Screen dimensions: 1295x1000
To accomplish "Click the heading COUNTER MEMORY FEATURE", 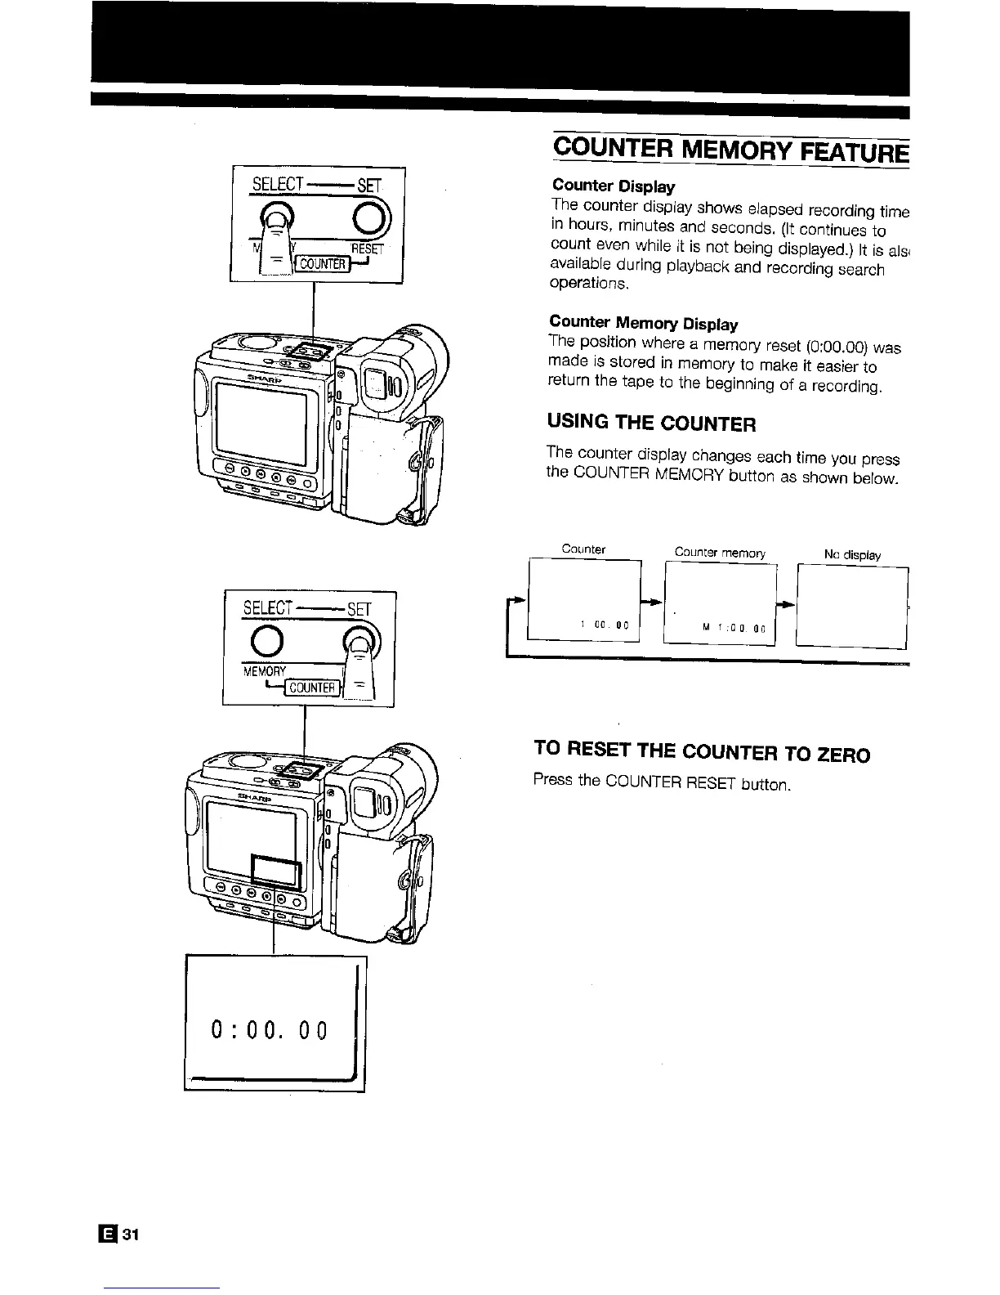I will [x=730, y=152].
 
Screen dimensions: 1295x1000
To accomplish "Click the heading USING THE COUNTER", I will [x=651, y=423].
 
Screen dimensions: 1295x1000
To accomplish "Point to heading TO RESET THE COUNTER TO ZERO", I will [x=701, y=751].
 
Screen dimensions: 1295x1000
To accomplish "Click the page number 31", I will [x=132, y=1235].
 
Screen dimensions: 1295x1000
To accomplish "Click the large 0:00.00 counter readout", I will [x=269, y=1030].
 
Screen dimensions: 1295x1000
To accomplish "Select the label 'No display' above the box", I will [x=852, y=555].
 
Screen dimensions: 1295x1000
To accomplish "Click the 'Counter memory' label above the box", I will [x=719, y=553].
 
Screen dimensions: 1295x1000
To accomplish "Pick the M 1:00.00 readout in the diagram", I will [x=733, y=628].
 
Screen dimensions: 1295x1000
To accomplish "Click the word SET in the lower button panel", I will [x=359, y=609].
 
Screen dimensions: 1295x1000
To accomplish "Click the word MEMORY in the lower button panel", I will [x=264, y=671].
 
